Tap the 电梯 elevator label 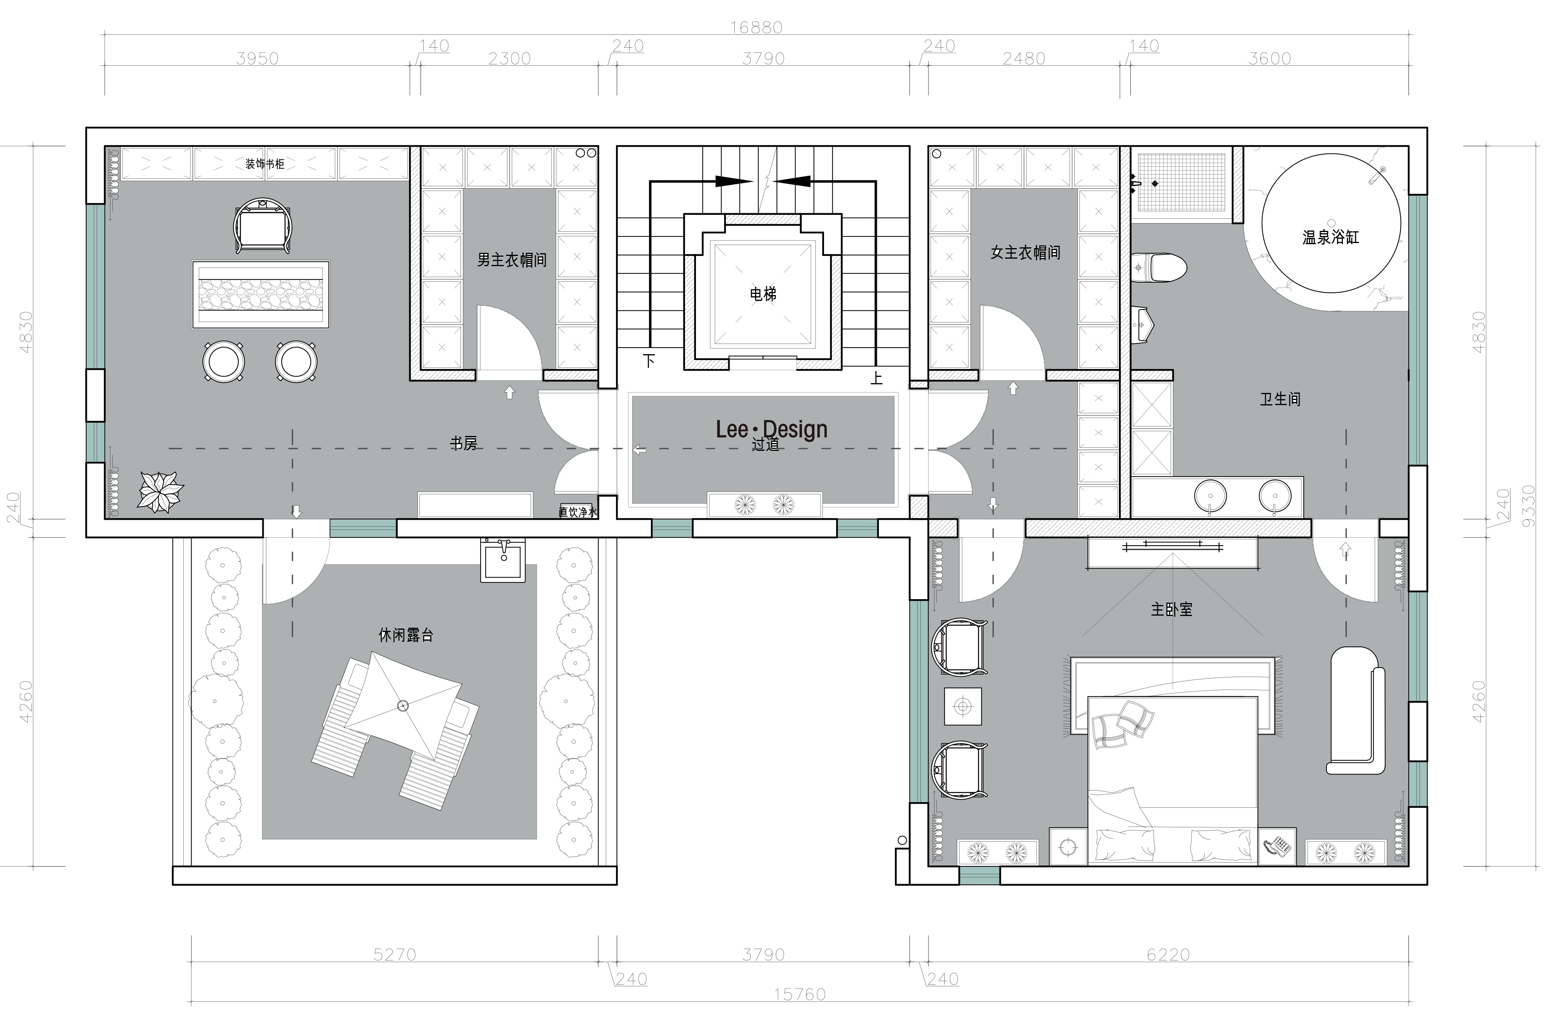coord(763,295)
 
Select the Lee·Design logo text coord(772,429)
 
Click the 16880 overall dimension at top coord(756,27)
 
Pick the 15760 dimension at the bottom coord(800,994)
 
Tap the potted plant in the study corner coord(160,491)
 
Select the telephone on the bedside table coord(1277,847)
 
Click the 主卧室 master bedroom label coord(1171,610)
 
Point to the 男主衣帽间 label coord(512,260)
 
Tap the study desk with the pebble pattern coord(261,295)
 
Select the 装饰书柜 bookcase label coord(265,164)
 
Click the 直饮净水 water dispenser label coord(578,512)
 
